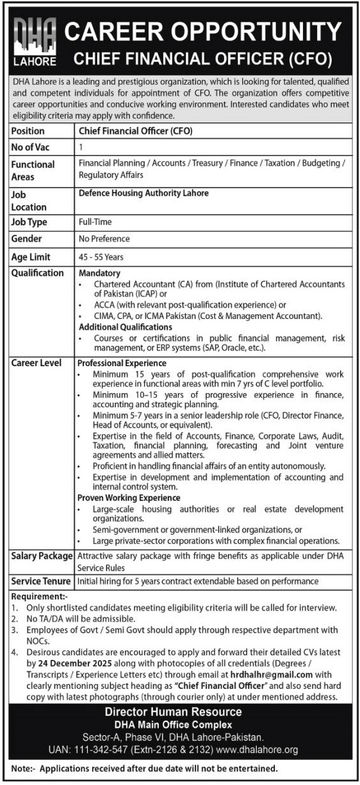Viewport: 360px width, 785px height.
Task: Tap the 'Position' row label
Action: [x=28, y=131]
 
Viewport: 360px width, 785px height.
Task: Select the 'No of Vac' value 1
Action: [x=81, y=147]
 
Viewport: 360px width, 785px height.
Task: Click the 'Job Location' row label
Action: [x=29, y=200]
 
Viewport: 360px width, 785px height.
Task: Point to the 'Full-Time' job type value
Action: [x=95, y=222]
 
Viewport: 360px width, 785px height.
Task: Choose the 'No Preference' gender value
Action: [x=104, y=239]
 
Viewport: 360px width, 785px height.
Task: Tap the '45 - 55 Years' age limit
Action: [x=101, y=257]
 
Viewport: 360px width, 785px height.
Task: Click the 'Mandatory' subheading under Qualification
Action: [x=99, y=273]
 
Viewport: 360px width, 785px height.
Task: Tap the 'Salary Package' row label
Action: [x=42, y=556]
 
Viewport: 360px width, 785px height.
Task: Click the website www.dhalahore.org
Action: [x=268, y=749]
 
